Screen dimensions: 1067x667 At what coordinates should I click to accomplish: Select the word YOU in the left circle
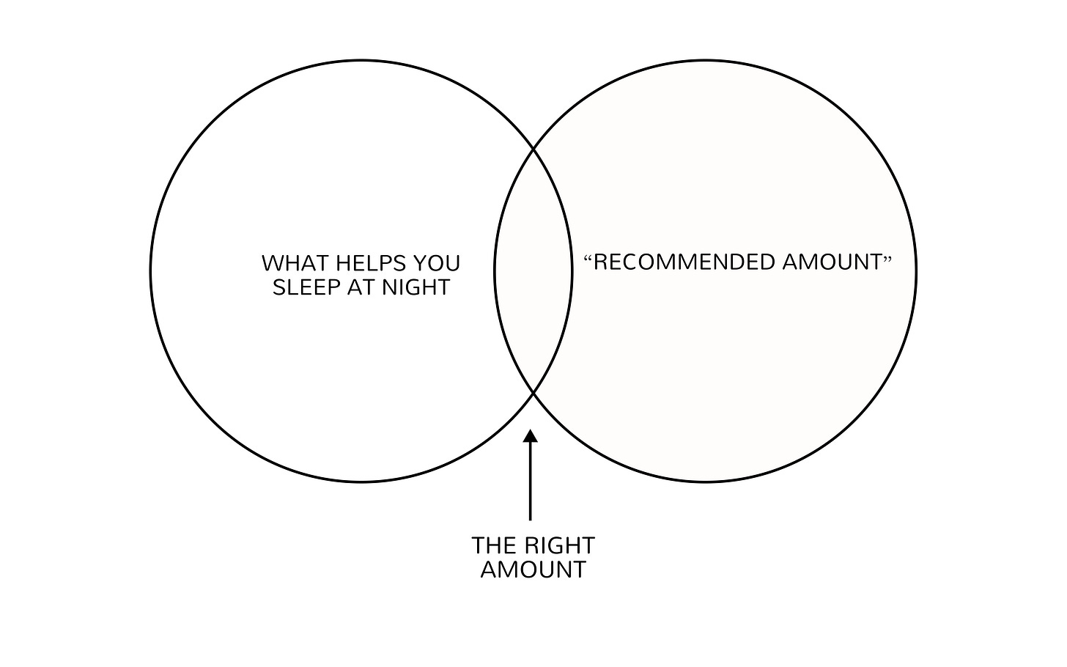click(437, 263)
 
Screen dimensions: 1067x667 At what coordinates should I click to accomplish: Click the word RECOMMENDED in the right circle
click(684, 262)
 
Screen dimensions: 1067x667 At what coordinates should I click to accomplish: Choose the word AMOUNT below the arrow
click(533, 570)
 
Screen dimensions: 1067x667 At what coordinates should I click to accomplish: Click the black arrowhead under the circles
click(531, 436)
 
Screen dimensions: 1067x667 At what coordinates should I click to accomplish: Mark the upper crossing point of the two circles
click(533, 150)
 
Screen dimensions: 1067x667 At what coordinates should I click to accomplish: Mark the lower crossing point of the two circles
click(533, 393)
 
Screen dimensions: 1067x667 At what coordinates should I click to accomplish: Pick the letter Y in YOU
click(421, 263)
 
